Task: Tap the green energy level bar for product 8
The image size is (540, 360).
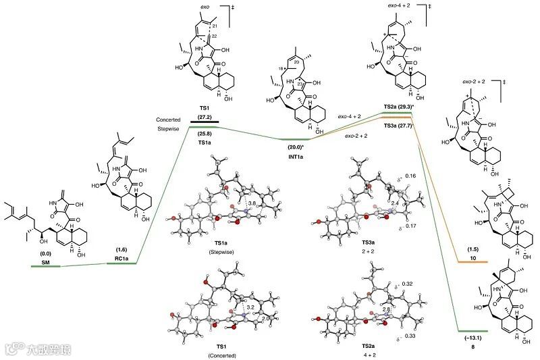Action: pos(473,332)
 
